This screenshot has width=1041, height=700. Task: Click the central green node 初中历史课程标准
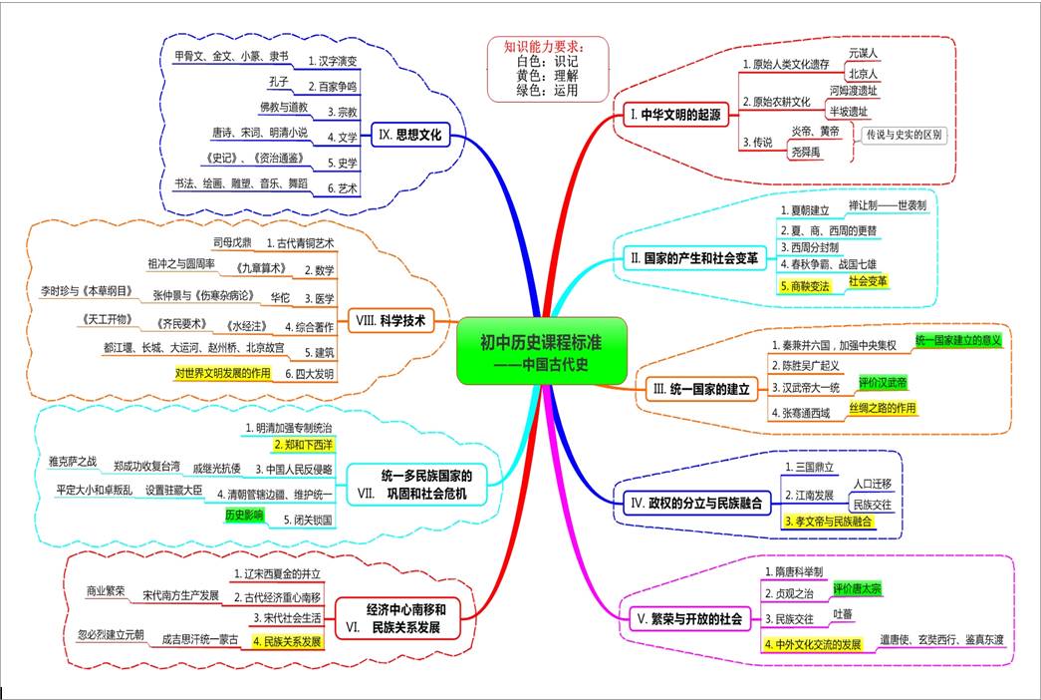tap(542, 352)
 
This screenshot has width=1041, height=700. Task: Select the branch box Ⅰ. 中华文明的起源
tap(675, 115)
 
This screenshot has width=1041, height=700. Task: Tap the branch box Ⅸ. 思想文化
tap(410, 135)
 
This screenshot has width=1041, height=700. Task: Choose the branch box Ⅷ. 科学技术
tap(390, 320)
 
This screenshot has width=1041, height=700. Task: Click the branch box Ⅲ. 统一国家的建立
tap(701, 389)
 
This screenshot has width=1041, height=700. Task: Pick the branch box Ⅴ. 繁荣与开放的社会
tap(689, 619)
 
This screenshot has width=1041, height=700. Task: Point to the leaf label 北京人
tap(863, 74)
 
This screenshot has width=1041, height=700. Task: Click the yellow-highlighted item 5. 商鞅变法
tap(805, 286)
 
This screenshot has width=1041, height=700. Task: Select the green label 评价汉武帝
tap(883, 382)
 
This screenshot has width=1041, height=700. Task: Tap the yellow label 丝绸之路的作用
tap(883, 408)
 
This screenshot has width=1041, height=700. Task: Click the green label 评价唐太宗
tap(858, 589)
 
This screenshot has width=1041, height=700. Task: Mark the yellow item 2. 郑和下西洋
tap(304, 445)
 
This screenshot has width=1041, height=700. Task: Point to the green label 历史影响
tap(244, 515)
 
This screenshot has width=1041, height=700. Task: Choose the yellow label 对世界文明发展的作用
tap(223, 373)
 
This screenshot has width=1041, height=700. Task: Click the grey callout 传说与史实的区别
tap(904, 135)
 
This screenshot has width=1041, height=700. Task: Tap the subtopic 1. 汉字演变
tap(333, 61)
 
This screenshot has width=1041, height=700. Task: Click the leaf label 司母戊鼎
tap(232, 242)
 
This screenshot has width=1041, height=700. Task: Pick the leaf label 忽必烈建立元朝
tap(111, 635)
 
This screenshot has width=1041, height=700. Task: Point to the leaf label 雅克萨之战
tap(73, 462)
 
